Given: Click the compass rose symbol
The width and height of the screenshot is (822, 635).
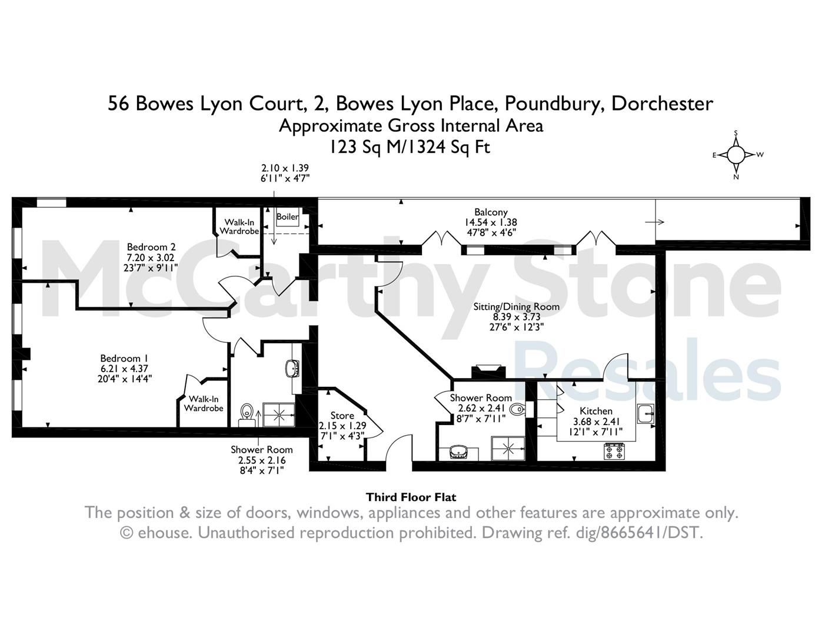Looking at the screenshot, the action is [736, 155].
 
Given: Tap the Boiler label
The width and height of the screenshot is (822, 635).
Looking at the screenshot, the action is [288, 216].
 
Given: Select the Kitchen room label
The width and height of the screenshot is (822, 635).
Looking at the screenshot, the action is [596, 411].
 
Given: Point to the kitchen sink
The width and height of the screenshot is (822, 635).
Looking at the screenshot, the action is [645, 413].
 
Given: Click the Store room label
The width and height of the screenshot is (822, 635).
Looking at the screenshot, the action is [342, 415].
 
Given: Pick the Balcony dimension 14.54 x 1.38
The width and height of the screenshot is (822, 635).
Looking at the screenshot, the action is [491, 222].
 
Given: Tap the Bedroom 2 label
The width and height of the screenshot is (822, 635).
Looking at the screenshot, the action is [151, 247].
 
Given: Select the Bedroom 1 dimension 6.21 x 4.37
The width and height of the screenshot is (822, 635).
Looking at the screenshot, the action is [124, 369].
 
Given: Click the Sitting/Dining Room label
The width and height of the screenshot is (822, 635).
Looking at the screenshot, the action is [517, 306].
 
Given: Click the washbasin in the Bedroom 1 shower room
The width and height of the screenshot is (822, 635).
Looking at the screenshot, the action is [292, 368].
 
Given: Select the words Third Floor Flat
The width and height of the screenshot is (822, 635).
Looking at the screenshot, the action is [411, 497].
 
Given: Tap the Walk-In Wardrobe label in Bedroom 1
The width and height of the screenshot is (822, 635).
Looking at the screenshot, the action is [204, 404].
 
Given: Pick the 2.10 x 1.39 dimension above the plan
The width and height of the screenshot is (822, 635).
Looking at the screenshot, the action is [285, 168].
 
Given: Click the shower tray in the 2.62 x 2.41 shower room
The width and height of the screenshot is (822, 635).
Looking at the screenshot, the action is [508, 449].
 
